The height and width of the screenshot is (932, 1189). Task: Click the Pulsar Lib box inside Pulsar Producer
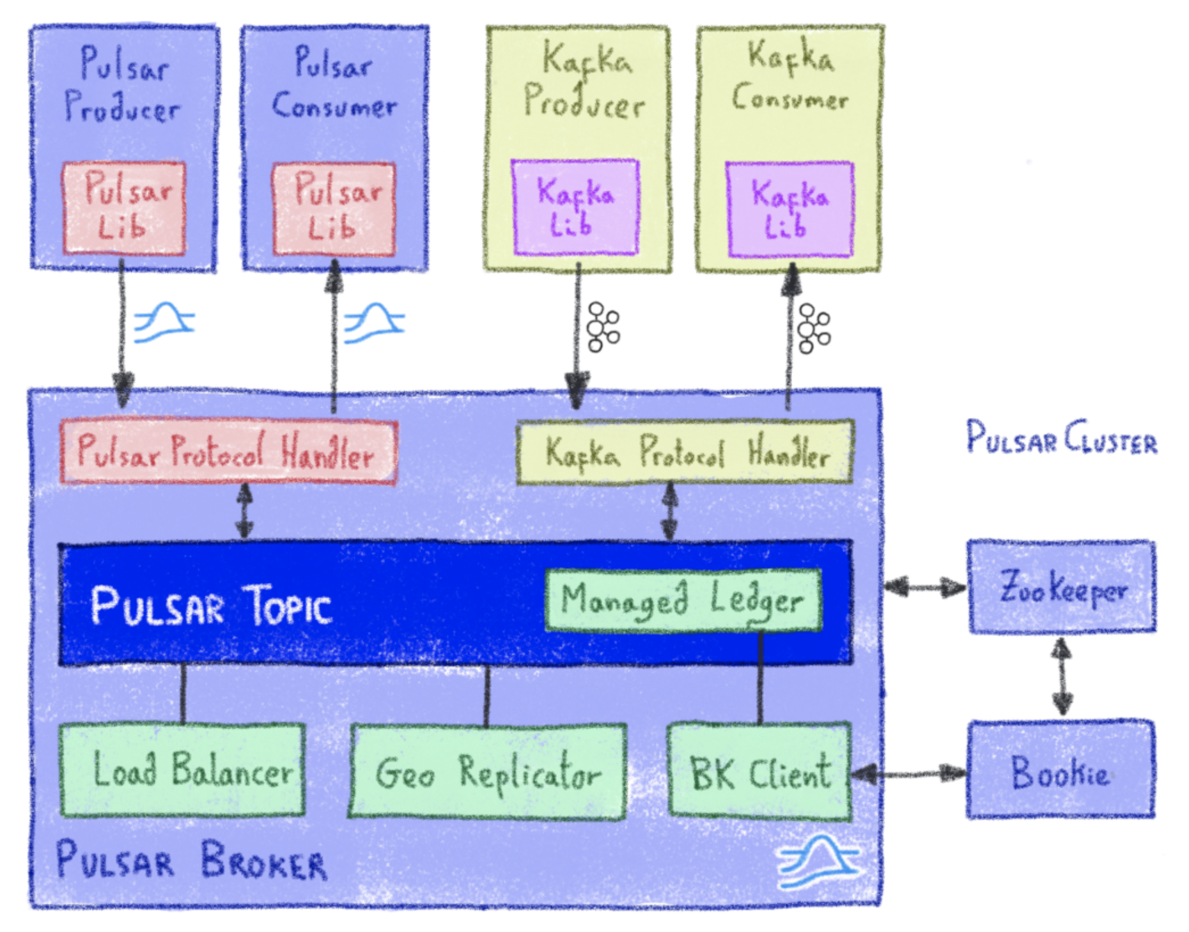click(x=124, y=208)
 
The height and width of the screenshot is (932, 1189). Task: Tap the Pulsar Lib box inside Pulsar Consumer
click(x=334, y=209)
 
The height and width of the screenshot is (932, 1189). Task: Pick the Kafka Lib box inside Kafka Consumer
click(x=789, y=209)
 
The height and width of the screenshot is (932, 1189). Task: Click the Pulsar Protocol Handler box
click(x=228, y=451)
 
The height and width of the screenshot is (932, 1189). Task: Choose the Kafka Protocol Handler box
click(x=685, y=451)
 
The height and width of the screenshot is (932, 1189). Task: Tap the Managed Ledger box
click(x=683, y=600)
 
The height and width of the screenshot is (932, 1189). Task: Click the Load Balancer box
click(x=183, y=770)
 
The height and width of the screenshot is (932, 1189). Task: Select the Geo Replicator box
click(x=488, y=772)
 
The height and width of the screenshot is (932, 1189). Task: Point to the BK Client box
click(x=759, y=772)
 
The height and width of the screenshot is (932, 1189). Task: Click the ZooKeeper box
click(x=1062, y=587)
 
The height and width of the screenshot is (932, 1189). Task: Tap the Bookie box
click(x=1061, y=770)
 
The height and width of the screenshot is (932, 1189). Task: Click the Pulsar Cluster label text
click(x=1062, y=439)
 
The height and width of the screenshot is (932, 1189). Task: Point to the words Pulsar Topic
click(x=212, y=605)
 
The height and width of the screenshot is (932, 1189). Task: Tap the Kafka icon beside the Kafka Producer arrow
click(x=602, y=327)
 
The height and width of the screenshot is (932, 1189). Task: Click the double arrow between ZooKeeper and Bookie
click(x=1062, y=676)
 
